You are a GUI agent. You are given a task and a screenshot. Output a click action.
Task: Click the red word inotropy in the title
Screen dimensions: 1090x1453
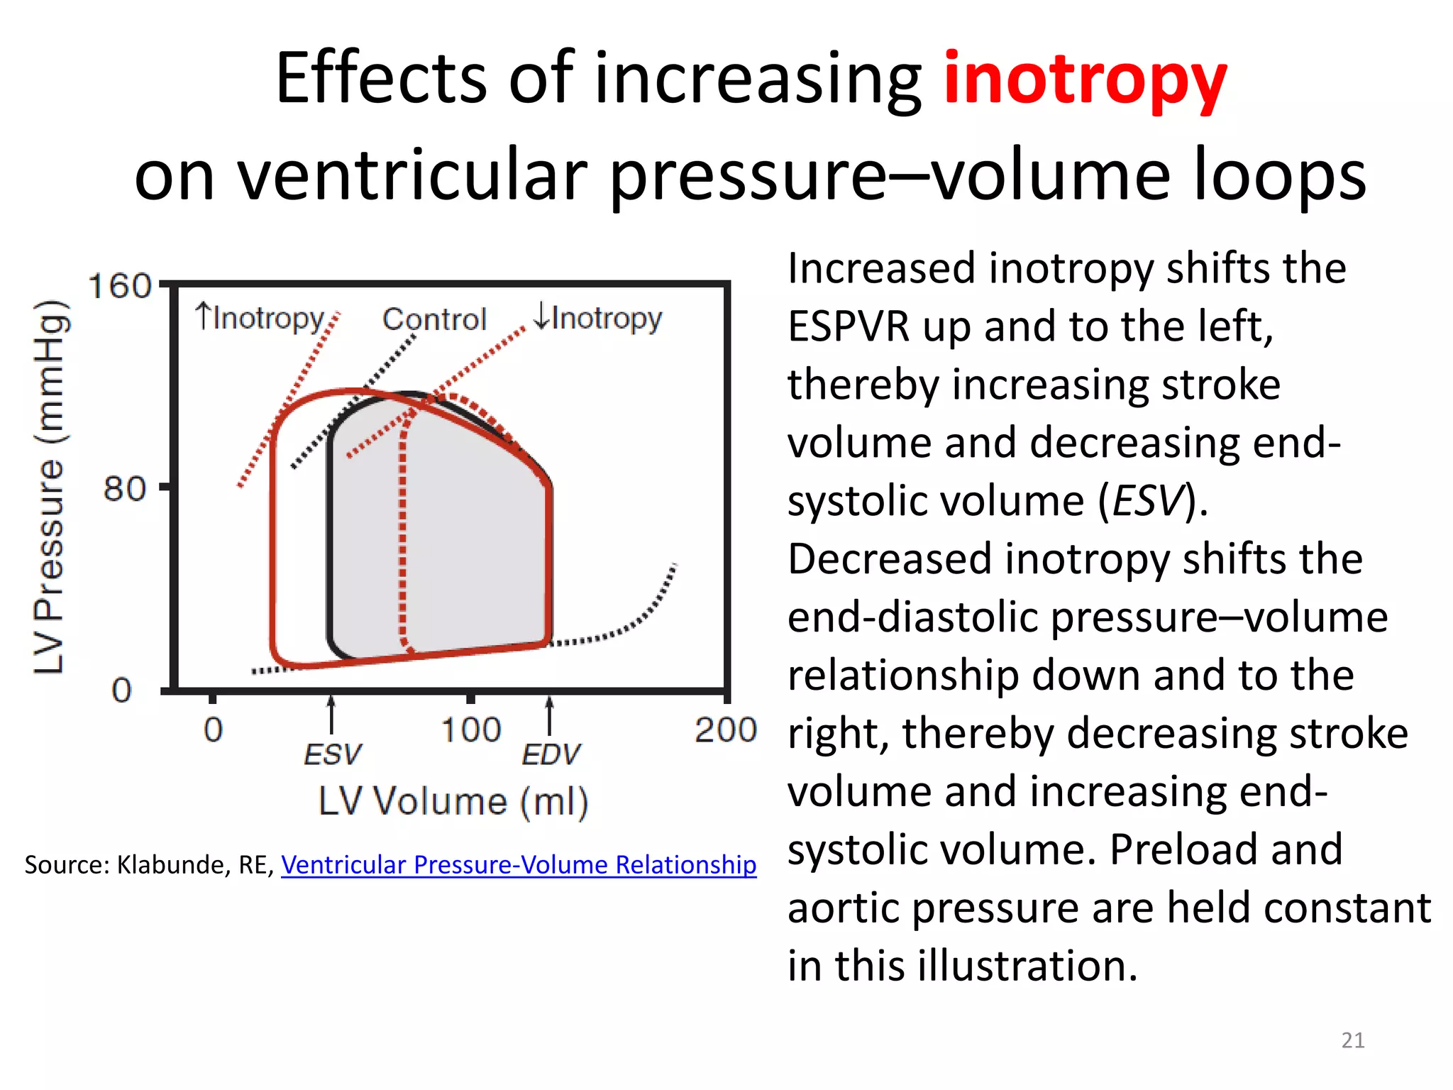(x=1085, y=79)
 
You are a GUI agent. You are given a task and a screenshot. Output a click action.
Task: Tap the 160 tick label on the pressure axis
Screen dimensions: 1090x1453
(x=119, y=287)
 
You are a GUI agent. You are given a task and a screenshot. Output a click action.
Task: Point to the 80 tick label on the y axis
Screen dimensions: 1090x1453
(x=125, y=489)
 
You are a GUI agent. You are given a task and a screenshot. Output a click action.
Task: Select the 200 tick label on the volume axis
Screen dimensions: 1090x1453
(x=725, y=730)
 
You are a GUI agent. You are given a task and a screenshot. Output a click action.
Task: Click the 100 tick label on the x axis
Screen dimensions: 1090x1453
(x=471, y=730)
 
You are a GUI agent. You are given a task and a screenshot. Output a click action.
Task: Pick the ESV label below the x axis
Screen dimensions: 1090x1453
(x=332, y=754)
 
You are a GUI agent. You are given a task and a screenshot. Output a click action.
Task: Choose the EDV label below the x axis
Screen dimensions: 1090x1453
(x=551, y=754)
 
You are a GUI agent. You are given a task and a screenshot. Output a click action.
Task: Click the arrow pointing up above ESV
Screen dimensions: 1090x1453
(x=331, y=713)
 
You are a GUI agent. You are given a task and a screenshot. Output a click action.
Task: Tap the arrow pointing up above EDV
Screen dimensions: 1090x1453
(x=550, y=713)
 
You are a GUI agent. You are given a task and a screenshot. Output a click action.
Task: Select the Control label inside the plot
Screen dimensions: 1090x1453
(x=434, y=319)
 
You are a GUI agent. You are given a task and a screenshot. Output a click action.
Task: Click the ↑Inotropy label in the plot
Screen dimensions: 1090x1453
(x=260, y=318)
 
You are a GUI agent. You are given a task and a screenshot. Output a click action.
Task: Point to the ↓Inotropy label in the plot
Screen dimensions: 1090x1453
(x=597, y=318)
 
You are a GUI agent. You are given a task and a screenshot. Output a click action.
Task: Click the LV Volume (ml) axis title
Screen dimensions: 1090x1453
(x=453, y=803)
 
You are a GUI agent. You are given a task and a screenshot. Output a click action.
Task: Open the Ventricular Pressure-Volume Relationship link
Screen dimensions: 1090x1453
(x=519, y=864)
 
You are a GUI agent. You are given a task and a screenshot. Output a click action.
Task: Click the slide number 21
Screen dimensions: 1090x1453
(x=1352, y=1040)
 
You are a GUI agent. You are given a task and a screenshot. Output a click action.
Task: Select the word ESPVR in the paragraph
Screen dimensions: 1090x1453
(x=849, y=327)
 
